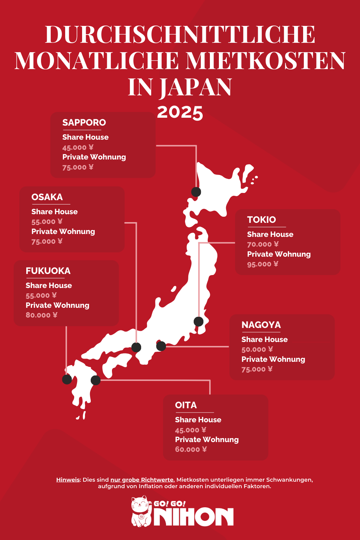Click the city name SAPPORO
pos(84,123)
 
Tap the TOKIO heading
pos(261,220)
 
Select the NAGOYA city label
pos(261,325)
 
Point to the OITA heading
pos(186,405)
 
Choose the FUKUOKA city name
pos(48,271)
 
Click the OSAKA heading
pos(47,197)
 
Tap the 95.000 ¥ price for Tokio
pos(262,264)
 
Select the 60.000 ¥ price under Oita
pos(191,449)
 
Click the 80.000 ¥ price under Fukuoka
pos(41,315)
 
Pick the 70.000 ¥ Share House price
pos(263,244)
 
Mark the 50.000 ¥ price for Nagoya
pos(257,350)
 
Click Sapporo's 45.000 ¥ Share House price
pos(78,148)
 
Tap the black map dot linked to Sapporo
pos(196,192)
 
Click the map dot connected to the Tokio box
pos(198,321)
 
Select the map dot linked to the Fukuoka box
pos(67,379)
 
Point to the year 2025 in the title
pos(180,112)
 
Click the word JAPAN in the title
pos(195,87)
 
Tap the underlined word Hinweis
pos(68,480)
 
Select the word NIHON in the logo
pos(194,517)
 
